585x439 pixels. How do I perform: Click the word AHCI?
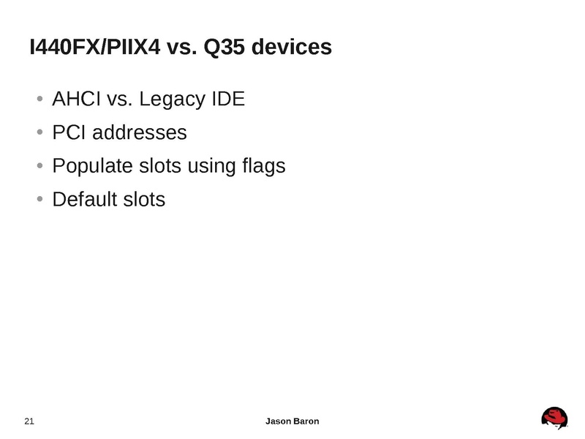point(77,99)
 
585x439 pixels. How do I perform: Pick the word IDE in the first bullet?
point(227,99)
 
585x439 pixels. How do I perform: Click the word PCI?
point(69,132)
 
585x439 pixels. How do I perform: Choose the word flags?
point(263,167)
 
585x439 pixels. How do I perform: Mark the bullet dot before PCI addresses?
point(39,133)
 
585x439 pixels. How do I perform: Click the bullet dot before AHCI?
point(39,100)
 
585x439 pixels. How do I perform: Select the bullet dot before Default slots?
point(39,200)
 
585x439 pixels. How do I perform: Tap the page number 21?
point(30,421)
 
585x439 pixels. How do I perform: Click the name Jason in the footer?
point(278,421)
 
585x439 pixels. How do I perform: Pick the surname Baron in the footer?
point(306,421)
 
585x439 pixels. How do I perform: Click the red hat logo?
point(554,419)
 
